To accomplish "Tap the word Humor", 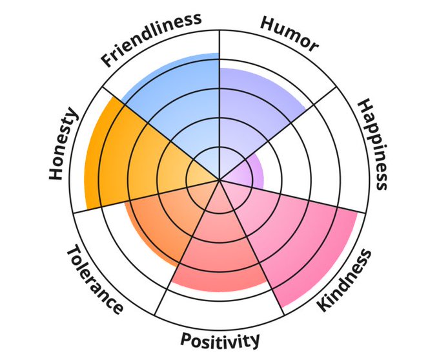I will coord(289,32).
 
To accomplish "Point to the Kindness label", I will coord(345,279).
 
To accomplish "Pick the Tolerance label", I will coord(94,279).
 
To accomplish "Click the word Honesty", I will coord(63,145).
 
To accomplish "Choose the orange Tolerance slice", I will coord(161,220).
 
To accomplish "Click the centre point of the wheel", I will coord(219,180).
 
